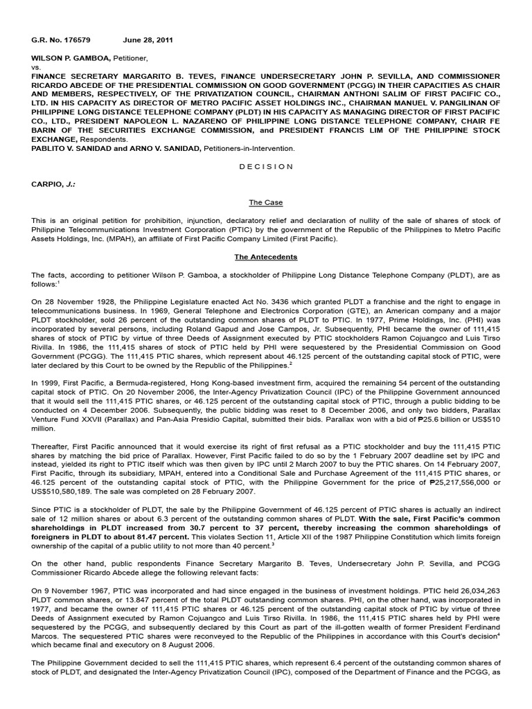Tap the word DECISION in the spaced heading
(x=266, y=167)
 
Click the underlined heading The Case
(x=266, y=203)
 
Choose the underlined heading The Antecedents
(x=266, y=257)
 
